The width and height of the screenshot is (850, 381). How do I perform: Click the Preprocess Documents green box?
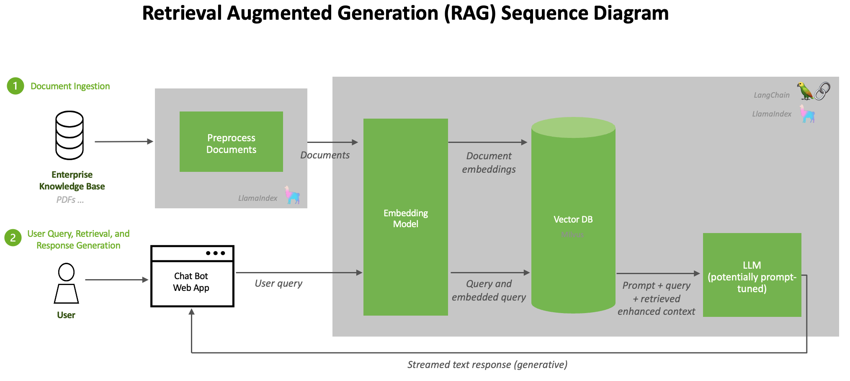tap(231, 142)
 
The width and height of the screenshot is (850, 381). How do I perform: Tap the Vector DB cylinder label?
tap(573, 219)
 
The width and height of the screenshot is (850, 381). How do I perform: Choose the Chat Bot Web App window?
tap(192, 277)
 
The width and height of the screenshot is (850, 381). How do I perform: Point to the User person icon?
tap(66, 283)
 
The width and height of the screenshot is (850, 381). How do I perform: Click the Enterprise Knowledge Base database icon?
tap(70, 135)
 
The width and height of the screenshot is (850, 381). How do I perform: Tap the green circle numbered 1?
tap(15, 86)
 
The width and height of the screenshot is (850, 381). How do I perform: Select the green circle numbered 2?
tap(13, 238)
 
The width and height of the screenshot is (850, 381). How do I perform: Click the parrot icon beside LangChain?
tap(804, 91)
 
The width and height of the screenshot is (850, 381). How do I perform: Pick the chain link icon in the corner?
tap(822, 91)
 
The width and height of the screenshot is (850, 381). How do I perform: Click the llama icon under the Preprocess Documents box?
tap(292, 195)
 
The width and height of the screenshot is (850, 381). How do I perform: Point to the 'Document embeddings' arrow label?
tap(489, 162)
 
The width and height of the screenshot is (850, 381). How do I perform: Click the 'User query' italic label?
tap(278, 283)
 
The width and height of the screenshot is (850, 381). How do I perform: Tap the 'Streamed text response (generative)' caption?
tap(487, 365)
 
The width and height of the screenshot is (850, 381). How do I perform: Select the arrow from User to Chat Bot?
tap(116, 280)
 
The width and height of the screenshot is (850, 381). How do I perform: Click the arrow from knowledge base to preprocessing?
tap(124, 142)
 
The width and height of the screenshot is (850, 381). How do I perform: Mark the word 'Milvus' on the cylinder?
tap(572, 235)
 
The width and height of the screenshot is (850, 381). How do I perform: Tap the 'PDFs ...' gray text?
tap(70, 200)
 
